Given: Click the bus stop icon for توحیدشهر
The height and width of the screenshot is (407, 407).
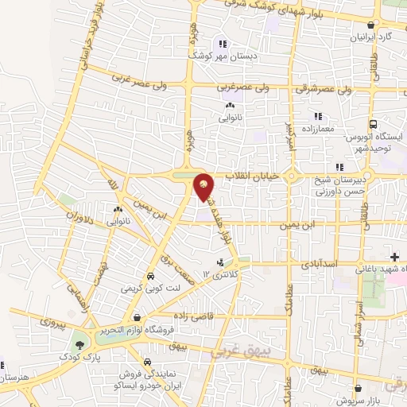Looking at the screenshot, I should tap(373, 125).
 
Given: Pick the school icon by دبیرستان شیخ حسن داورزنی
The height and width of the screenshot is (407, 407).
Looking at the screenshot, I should tap(339, 167).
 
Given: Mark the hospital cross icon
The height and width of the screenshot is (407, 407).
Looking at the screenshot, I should tap(395, 256).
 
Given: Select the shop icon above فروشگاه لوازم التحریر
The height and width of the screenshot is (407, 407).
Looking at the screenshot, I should tap(138, 318).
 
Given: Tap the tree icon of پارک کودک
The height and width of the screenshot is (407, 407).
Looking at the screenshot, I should tap(79, 345).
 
